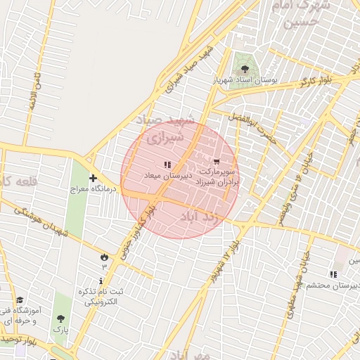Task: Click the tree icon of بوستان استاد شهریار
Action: (245, 69)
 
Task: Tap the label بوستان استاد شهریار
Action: (245, 81)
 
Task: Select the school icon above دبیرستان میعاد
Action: (167, 165)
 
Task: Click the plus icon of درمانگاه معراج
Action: (93, 179)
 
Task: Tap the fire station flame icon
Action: (105, 257)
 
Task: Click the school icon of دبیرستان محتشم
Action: (333, 274)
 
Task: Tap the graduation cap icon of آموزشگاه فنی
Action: (19, 300)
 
